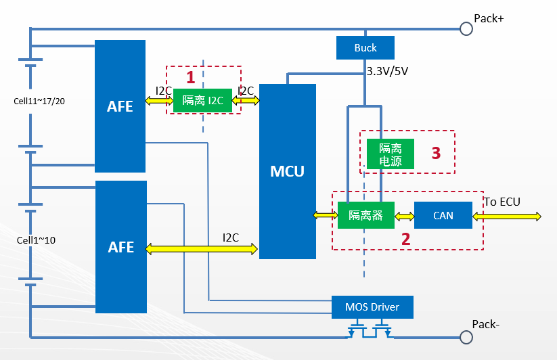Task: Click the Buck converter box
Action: [x=365, y=48]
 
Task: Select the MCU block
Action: [x=287, y=171]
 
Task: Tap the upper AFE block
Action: [x=120, y=106]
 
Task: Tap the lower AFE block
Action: [x=120, y=247]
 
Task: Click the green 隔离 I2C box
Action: [x=203, y=100]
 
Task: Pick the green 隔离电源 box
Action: [x=380, y=154]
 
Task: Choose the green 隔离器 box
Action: [x=365, y=216]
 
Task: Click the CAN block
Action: [x=443, y=216]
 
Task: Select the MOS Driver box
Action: [x=372, y=307]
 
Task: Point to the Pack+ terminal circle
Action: [x=466, y=28]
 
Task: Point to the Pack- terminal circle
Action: [x=466, y=336]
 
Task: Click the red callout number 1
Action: [x=191, y=76]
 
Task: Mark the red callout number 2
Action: [x=406, y=238]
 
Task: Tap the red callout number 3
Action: [x=437, y=153]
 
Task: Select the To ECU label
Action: [x=502, y=201]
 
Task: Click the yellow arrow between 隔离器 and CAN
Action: [x=404, y=216]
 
